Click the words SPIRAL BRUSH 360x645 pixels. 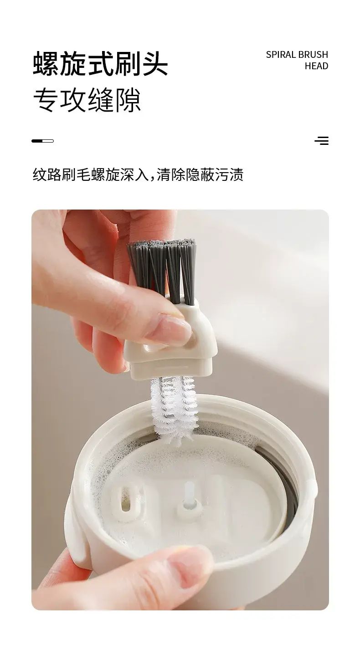297,54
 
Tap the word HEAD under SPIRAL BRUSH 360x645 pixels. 317,66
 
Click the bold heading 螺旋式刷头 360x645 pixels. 100,64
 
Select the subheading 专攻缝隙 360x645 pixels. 87,100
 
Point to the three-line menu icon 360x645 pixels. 321,140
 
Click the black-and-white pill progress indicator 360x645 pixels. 43,141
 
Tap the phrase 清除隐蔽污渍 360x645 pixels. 200,174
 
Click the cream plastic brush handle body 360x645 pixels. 172,340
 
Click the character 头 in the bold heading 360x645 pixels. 154,64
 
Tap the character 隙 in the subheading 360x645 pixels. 128,100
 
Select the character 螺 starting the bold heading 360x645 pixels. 46,64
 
